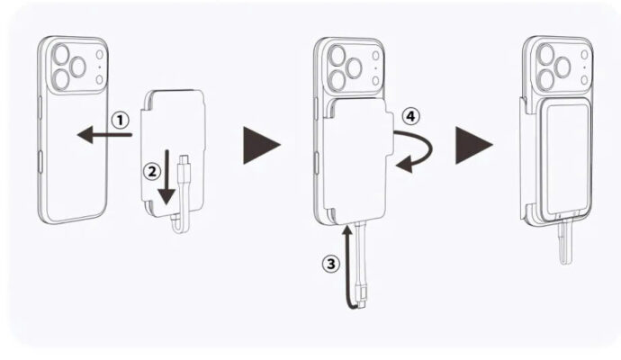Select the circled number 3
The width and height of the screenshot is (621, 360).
(x=330, y=264)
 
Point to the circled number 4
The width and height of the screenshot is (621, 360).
(x=409, y=116)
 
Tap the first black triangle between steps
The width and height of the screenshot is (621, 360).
(x=261, y=144)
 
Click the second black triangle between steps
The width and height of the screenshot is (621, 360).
(x=472, y=144)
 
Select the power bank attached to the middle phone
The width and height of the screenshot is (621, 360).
(x=356, y=162)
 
